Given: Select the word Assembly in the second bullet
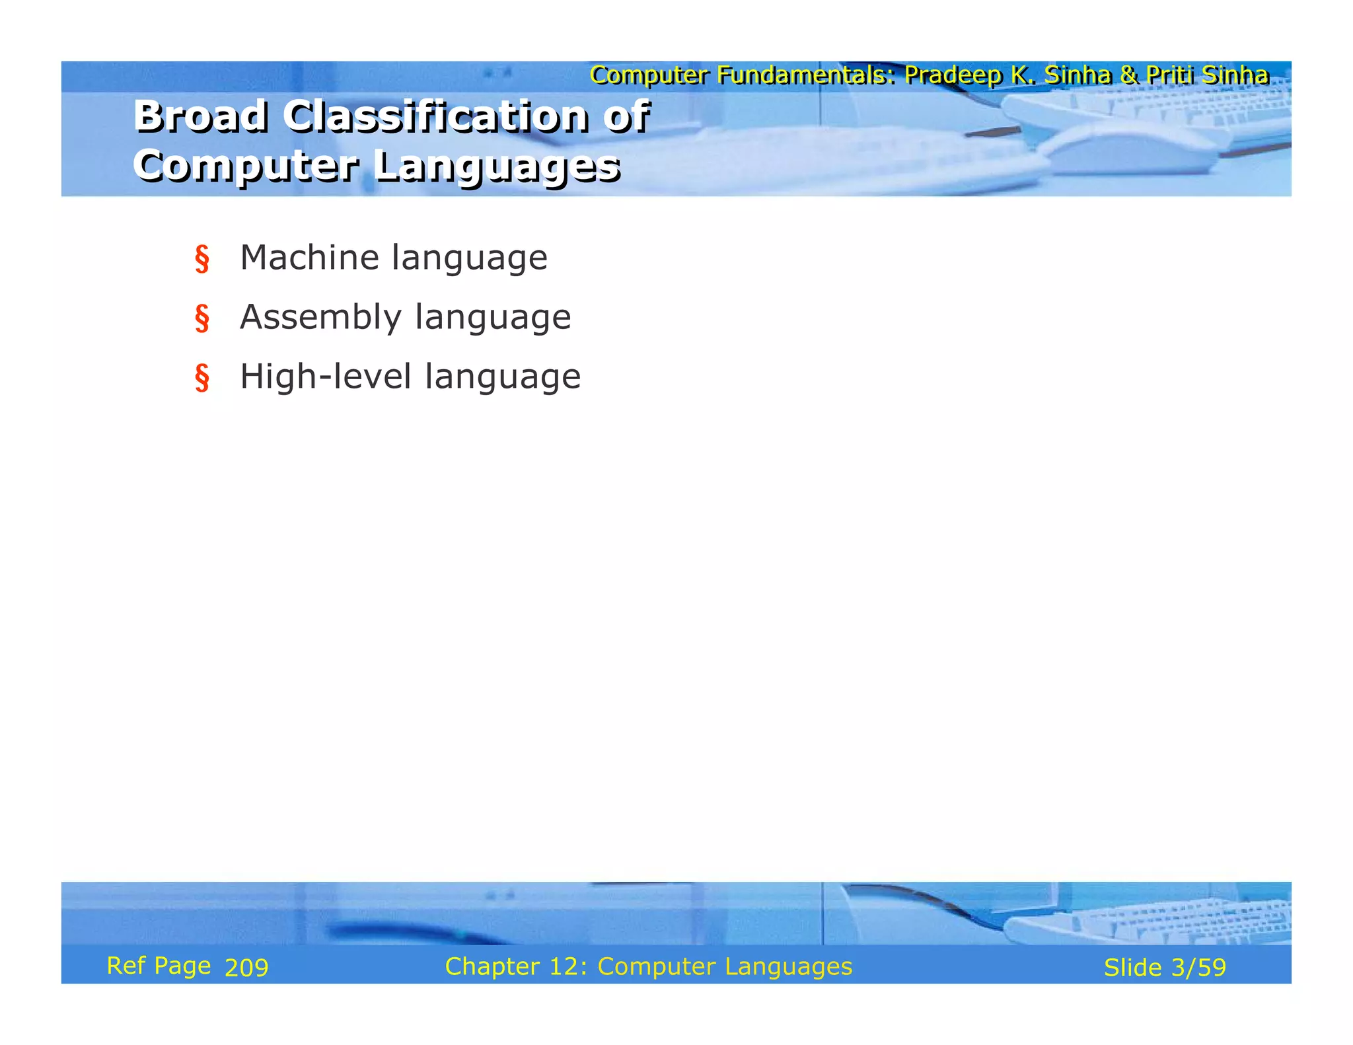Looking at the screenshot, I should pyautogui.click(x=320, y=318).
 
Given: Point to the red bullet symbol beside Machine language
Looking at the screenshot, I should pyautogui.click(x=202, y=259).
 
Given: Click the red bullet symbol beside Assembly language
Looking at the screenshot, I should pyautogui.click(x=202, y=318).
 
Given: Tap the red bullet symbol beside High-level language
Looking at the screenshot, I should pyautogui.click(x=202, y=378).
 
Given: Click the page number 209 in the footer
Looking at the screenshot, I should pyautogui.click(x=246, y=968).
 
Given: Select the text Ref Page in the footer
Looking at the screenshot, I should pyautogui.click(x=159, y=966).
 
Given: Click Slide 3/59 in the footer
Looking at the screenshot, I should pyautogui.click(x=1165, y=968).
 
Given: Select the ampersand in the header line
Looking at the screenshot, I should pyautogui.click(x=1129, y=75).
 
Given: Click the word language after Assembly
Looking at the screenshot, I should pyautogui.click(x=493, y=318).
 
